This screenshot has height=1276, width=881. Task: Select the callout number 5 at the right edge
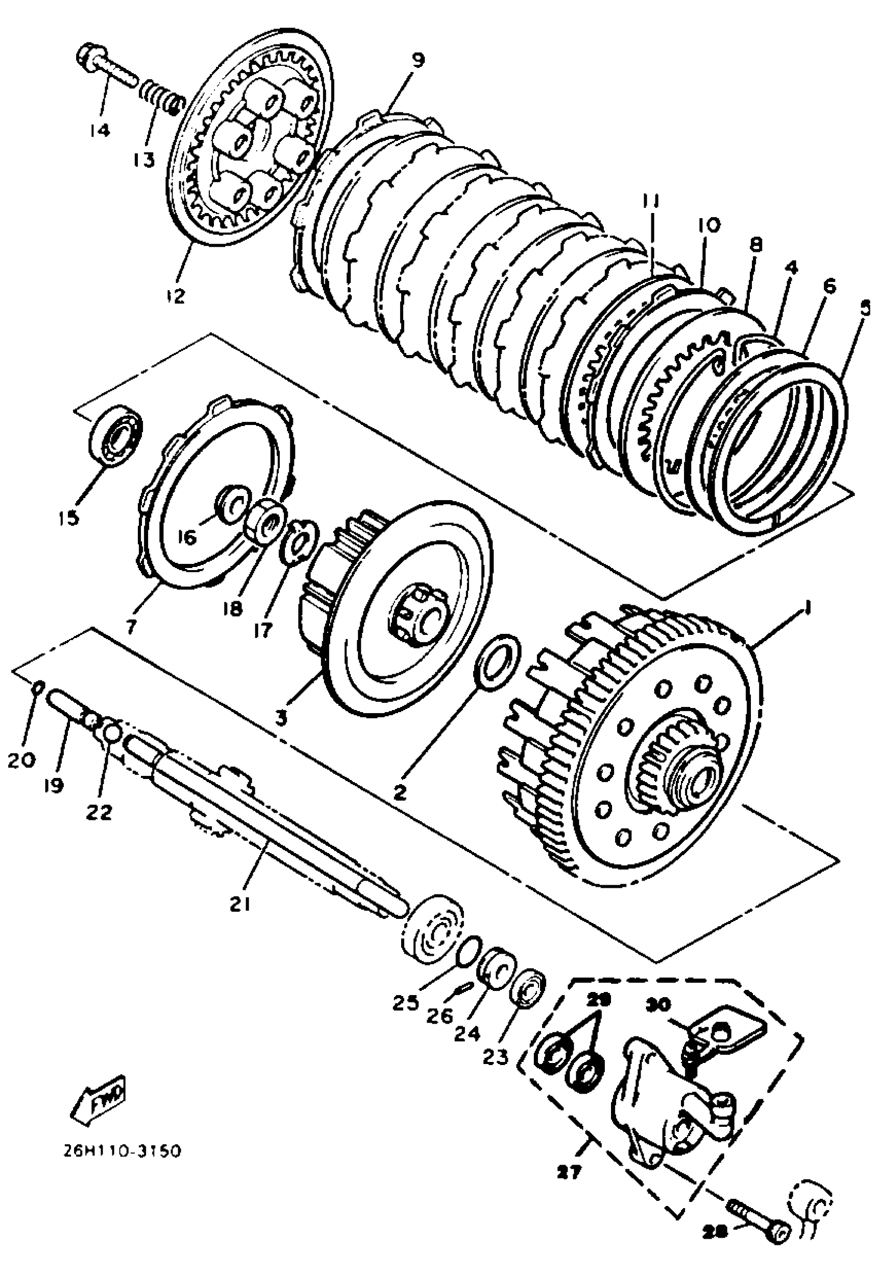(865, 306)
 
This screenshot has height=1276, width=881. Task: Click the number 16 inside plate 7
(187, 537)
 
